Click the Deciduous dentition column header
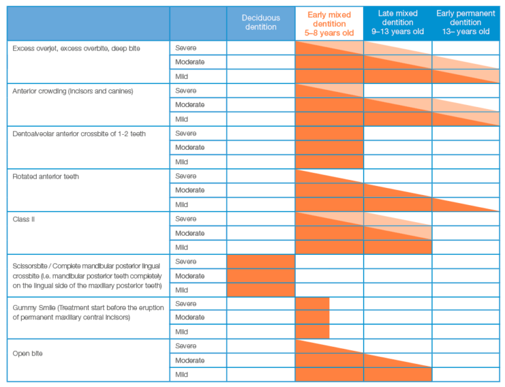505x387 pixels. click(x=261, y=22)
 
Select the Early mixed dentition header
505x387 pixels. click(x=329, y=24)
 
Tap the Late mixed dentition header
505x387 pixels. click(x=398, y=22)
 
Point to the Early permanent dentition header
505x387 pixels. click(x=466, y=22)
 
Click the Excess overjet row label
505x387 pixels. click(x=76, y=49)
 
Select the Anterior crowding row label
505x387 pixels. click(x=73, y=91)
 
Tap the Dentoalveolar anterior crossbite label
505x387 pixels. click(x=79, y=134)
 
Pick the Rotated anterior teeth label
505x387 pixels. click(x=46, y=177)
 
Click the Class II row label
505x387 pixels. click(x=24, y=219)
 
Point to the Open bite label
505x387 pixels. click(x=28, y=353)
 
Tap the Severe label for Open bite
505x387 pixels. click(x=186, y=346)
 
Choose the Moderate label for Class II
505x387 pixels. click(x=189, y=233)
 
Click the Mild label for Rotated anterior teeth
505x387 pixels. click(x=181, y=204)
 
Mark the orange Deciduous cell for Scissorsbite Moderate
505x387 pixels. click(x=261, y=276)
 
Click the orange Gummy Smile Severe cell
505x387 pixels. click(x=312, y=304)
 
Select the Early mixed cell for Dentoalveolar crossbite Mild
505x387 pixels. click(x=329, y=162)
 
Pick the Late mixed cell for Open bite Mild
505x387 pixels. click(x=398, y=375)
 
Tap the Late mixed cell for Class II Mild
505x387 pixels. click(x=398, y=248)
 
